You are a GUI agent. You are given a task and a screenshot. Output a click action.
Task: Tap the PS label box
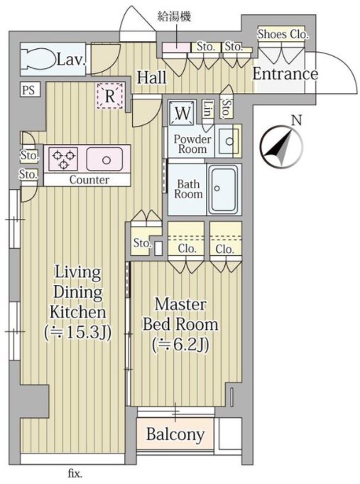(31, 90)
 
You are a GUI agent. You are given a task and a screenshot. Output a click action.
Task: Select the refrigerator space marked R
(110, 96)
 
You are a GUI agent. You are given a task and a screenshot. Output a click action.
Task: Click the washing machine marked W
(182, 113)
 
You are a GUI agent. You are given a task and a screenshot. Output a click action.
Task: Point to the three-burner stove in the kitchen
(63, 158)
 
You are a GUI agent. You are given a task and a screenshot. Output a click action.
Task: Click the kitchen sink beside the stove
(104, 159)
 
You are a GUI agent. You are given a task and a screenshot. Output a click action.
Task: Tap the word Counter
(89, 180)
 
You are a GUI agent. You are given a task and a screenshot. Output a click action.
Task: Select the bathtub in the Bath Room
(224, 189)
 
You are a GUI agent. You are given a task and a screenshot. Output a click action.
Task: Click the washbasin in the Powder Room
(228, 141)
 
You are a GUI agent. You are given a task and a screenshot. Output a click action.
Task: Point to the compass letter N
(297, 120)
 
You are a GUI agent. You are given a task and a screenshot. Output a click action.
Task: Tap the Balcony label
(175, 434)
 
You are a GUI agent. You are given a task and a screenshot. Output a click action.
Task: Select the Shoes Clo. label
(283, 34)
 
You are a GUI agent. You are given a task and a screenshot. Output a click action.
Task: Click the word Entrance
(285, 74)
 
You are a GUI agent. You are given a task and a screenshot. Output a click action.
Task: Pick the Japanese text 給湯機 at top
(174, 16)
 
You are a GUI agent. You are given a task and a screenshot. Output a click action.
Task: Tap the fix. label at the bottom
(75, 473)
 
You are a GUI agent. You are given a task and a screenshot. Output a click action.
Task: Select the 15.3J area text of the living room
(77, 333)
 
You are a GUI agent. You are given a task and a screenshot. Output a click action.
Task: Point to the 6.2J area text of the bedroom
(180, 345)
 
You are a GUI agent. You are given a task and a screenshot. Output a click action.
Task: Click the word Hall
(151, 77)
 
